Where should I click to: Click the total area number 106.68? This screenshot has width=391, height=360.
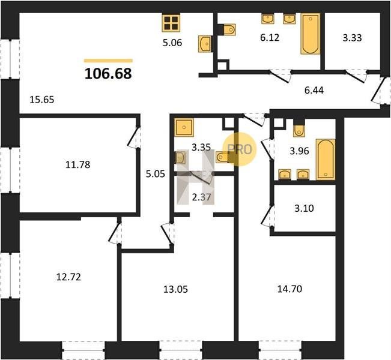108,74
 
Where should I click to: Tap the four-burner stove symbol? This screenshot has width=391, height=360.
171,23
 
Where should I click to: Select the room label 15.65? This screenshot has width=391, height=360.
41,100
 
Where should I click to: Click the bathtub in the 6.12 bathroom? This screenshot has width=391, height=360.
311,34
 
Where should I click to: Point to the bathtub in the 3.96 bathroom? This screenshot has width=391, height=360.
326,160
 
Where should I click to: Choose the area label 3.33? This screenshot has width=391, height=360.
352,38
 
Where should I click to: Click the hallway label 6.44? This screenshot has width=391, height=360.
314,90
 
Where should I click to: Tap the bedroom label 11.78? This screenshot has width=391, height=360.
78,164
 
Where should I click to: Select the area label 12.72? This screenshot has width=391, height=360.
68,277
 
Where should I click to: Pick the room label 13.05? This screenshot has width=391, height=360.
175,289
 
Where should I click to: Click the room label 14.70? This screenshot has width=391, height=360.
289,289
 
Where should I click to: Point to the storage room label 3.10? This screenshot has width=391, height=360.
304,208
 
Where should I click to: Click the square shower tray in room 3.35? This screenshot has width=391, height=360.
184,127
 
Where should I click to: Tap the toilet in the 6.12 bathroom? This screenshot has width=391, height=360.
228,29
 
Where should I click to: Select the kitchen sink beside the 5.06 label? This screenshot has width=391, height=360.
205,44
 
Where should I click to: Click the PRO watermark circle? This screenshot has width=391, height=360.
240,149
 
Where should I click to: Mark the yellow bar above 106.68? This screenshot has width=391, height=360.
108,60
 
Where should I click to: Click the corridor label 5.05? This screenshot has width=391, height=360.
156,174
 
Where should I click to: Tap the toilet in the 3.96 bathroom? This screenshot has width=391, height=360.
299,128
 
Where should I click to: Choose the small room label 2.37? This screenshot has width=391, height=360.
201,197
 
